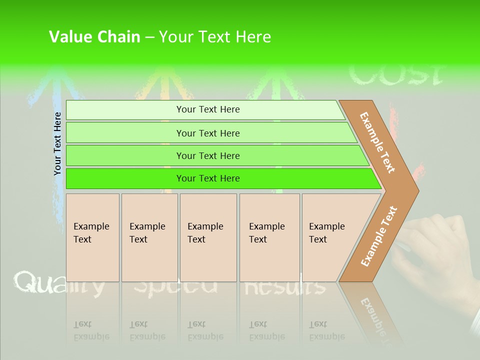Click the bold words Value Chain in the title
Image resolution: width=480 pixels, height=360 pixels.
pos(94,37)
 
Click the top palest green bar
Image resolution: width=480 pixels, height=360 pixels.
pos(205,110)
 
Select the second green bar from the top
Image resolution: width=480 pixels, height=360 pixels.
pos(210,133)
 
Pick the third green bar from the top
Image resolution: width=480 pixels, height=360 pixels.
pos(215,155)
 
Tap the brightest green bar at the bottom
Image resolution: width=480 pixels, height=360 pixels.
pos(220,178)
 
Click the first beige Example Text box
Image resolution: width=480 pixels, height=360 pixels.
pos(92,237)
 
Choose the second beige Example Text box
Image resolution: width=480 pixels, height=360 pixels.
pos(149,237)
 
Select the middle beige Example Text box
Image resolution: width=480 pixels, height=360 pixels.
pos(208,237)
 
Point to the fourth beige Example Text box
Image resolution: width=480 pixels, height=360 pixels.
pos(269,237)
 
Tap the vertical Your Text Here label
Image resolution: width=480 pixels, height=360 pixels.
pos(58,143)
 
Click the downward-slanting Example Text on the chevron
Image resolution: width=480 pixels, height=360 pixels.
pos(377,142)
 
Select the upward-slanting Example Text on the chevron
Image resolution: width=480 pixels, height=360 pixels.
pos(379,236)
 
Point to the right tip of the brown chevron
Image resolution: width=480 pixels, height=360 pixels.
pos(417,190)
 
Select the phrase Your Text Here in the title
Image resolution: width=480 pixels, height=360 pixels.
pos(215,37)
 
